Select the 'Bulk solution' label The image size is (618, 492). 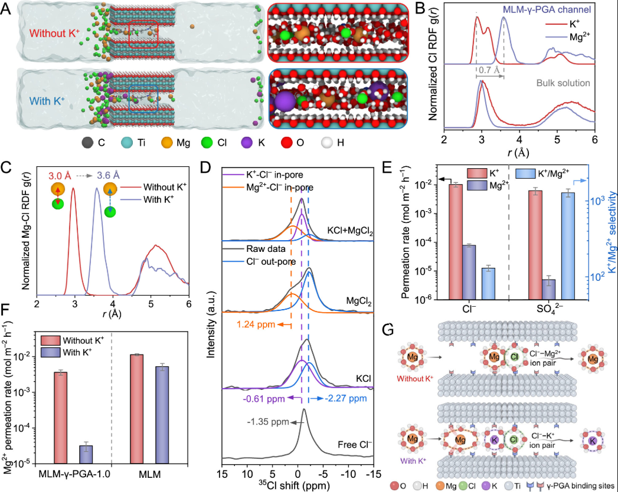tap(563, 83)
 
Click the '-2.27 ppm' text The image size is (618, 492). tap(344, 399)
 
